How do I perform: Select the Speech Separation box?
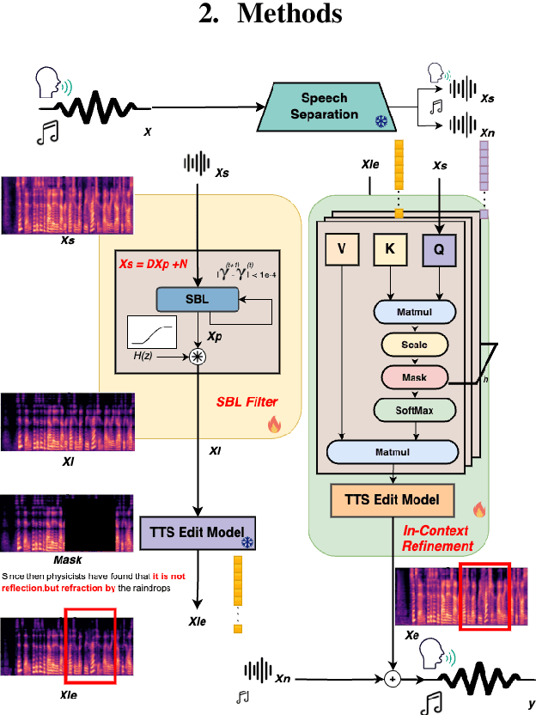pyautogui.click(x=329, y=107)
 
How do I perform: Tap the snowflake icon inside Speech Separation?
pyautogui.click(x=379, y=123)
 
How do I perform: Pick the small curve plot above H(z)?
pyautogui.click(x=151, y=331)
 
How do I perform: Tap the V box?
pyautogui.click(x=343, y=250)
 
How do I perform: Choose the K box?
pyautogui.click(x=390, y=250)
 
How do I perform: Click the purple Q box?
pyautogui.click(x=438, y=250)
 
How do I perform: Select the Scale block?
pyautogui.click(x=415, y=345)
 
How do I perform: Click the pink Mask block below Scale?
pyautogui.click(x=415, y=377)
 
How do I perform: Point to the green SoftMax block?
pyautogui.click(x=415, y=411)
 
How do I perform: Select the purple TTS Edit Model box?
pyautogui.click(x=198, y=533)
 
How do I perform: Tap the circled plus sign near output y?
pyautogui.click(x=393, y=678)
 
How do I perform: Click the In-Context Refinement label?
pyautogui.click(x=438, y=538)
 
